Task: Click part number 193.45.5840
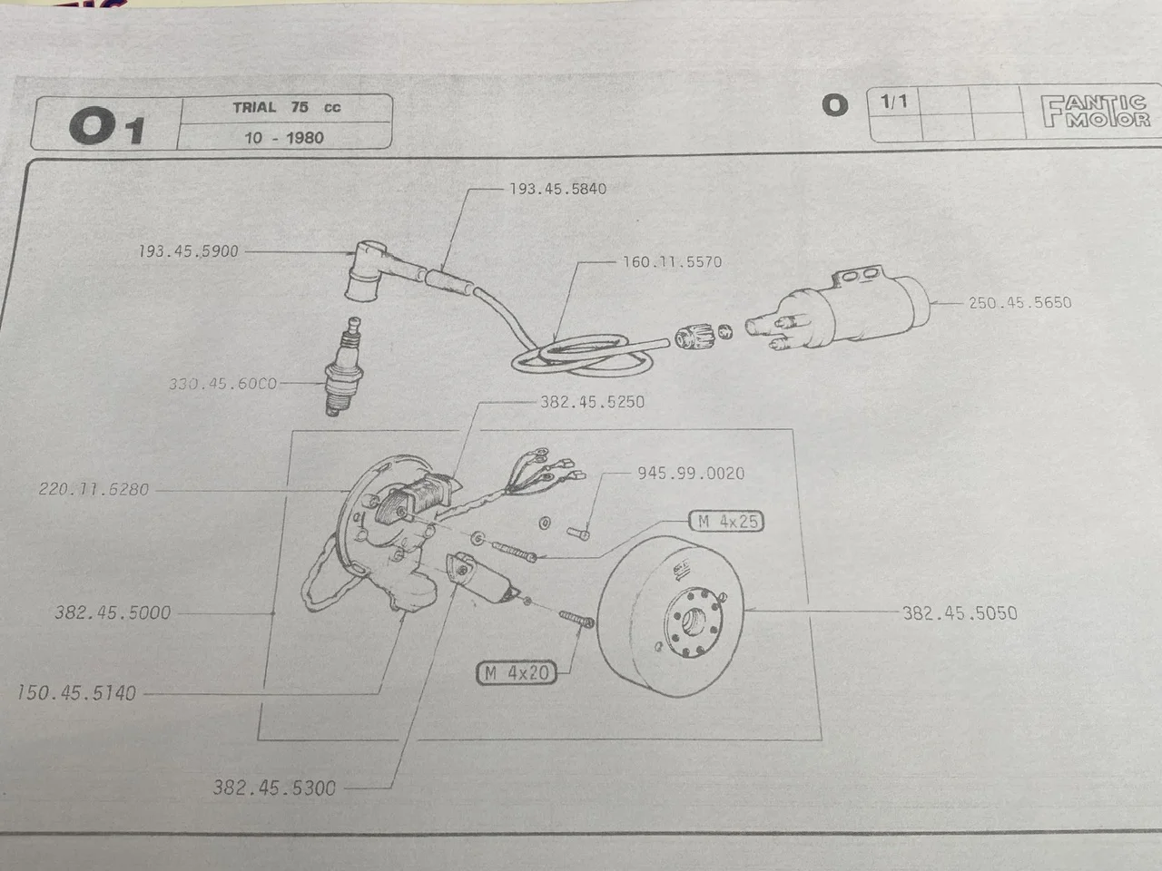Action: [x=557, y=189]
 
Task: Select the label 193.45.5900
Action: [x=188, y=251]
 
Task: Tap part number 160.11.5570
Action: [x=672, y=262]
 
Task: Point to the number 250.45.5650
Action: [x=1019, y=302]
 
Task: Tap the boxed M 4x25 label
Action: [x=727, y=522]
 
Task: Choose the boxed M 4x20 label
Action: [x=517, y=673]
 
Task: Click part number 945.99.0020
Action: [x=690, y=473]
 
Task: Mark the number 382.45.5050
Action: [x=960, y=612]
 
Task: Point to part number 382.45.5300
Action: [x=274, y=788]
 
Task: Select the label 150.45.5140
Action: [x=76, y=693]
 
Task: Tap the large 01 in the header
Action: [x=106, y=126]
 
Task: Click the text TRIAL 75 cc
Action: [x=286, y=107]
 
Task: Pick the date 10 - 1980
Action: [x=284, y=138]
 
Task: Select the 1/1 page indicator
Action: [x=894, y=102]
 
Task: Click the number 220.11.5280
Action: [x=94, y=490]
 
